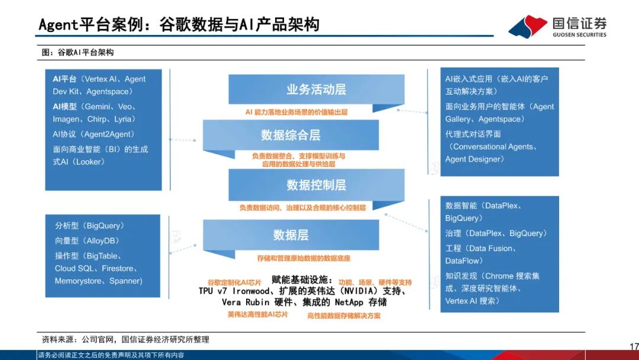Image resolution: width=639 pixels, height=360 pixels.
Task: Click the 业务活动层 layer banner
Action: click(316, 89)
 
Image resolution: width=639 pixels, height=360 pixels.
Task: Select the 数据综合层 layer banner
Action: click(291, 134)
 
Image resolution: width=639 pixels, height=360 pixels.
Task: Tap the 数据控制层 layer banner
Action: click(316, 185)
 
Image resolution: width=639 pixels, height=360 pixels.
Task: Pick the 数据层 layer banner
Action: click(291, 235)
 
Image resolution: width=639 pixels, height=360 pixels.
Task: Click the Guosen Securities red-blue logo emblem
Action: click(528, 27)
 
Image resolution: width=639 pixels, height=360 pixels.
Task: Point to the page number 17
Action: click(634, 346)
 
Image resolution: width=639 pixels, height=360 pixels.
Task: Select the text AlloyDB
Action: click(101, 240)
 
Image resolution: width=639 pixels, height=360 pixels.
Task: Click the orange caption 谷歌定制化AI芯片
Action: click(234, 282)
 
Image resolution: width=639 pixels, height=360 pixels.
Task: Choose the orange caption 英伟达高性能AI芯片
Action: click(257, 315)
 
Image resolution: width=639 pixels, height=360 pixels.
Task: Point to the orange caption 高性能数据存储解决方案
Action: click(344, 316)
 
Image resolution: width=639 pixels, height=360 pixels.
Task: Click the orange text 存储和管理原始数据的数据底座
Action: click(304, 258)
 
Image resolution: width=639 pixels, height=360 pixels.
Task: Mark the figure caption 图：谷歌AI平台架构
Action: click(78, 52)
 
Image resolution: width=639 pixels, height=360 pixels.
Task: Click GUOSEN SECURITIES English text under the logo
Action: click(579, 35)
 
